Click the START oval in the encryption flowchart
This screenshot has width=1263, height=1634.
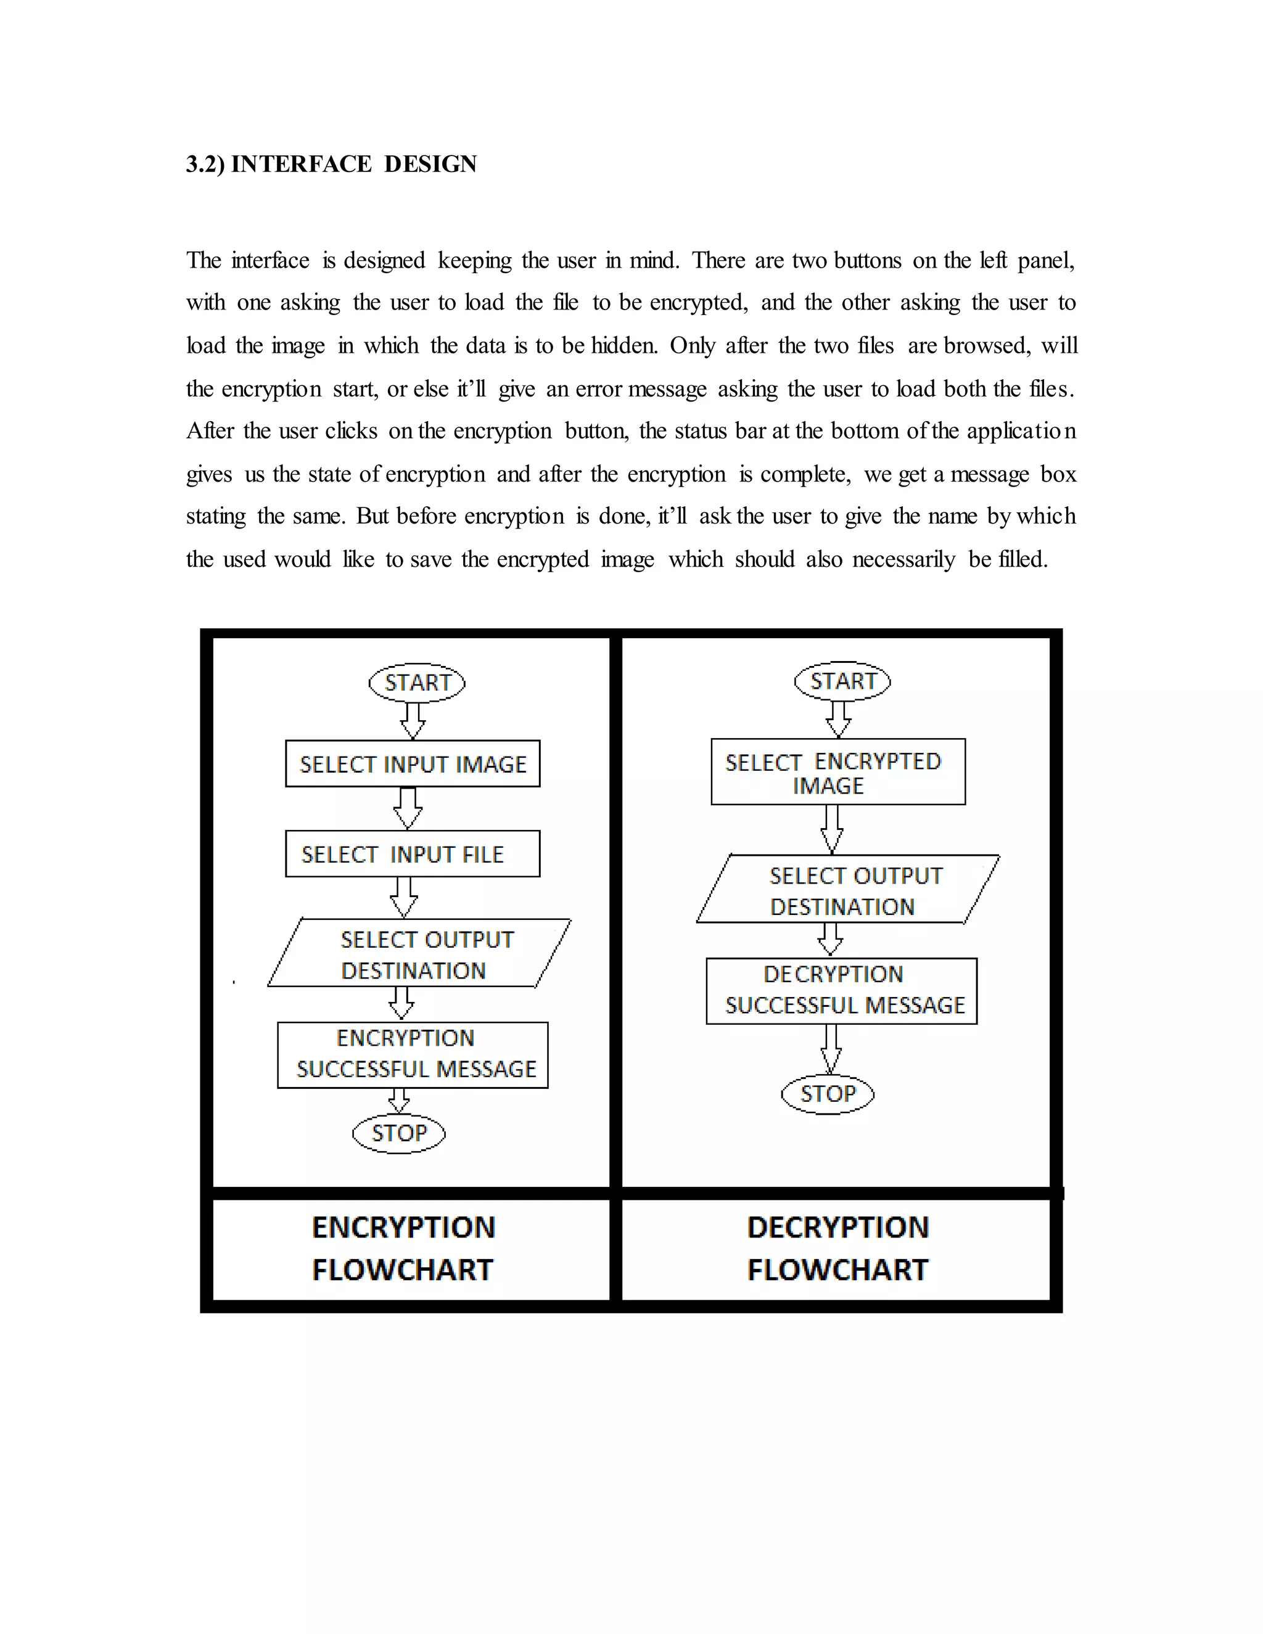pos(417,683)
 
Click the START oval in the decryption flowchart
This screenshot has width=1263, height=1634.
pos(842,681)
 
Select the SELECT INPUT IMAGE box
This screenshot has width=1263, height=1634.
pos(413,764)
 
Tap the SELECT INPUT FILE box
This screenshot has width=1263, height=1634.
pos(413,853)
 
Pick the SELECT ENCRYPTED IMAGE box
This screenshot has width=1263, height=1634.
pos(838,772)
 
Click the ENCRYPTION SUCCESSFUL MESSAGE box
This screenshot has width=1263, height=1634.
pos(413,1055)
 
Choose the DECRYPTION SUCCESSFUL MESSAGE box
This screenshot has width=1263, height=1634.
pos(842,991)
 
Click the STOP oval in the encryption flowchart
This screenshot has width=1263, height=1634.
pos(399,1133)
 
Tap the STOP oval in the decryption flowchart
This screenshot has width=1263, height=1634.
pos(828,1094)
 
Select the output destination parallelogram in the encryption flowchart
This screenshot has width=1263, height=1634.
pos(419,953)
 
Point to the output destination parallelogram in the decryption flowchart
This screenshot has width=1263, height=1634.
pos(848,890)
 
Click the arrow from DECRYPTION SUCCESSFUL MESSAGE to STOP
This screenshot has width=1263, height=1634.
pos(831,1049)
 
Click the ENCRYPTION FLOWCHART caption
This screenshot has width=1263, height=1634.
pos(403,1248)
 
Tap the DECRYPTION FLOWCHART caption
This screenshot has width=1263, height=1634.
pos(838,1248)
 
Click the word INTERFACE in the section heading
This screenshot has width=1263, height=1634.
pos(301,164)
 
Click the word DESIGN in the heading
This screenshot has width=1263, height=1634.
pos(430,164)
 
